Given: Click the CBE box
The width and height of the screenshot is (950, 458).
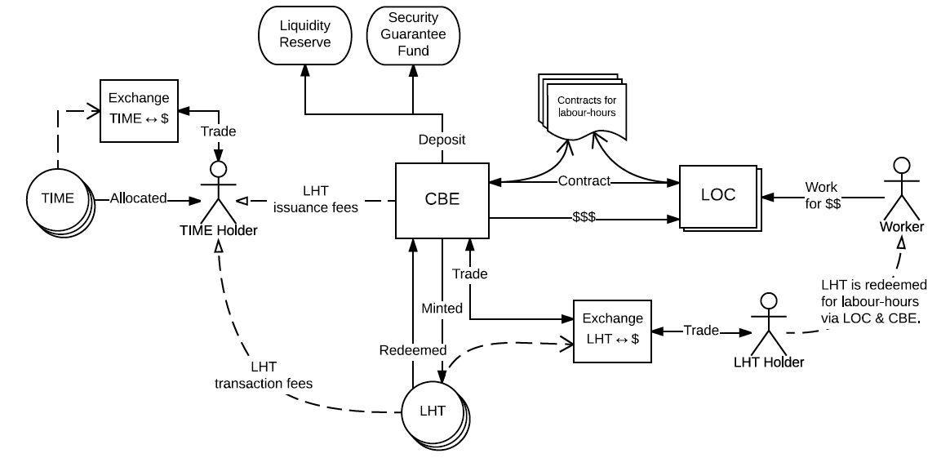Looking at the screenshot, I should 442,200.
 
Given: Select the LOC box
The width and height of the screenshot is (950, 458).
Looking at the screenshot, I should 717,195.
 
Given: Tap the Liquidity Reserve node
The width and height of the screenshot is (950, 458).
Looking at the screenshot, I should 304,34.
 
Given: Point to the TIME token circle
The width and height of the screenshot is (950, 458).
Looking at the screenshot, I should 58,198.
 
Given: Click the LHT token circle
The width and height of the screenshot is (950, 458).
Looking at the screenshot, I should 433,411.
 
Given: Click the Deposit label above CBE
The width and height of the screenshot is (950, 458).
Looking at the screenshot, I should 442,139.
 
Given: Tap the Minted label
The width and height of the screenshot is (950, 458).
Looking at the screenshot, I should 442,309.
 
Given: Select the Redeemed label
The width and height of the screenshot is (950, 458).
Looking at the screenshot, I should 413,350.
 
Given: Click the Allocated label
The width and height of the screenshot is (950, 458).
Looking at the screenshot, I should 138,198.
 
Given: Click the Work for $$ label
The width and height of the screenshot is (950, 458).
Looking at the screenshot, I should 822,196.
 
